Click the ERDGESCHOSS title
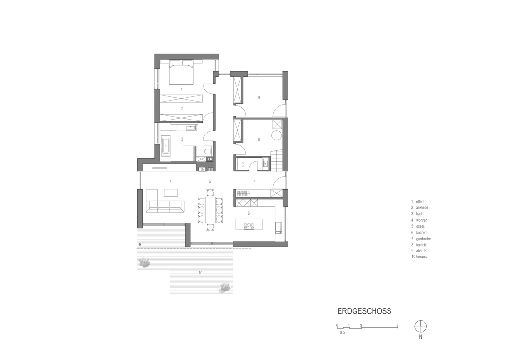tap(364, 311)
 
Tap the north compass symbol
tap(421, 326)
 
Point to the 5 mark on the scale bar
tap(397, 326)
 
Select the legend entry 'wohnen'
tap(422, 220)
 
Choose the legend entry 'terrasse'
tap(422, 257)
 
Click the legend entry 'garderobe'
tap(424, 239)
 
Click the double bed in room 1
tap(181, 71)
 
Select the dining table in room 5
tap(210, 210)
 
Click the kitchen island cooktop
tap(249, 224)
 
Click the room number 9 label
tap(259, 97)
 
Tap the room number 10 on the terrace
tap(200, 273)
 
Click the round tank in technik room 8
tap(277, 135)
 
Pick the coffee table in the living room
tap(171, 193)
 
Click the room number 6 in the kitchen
tap(249, 213)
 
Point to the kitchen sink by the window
tap(278, 227)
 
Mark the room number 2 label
tap(182, 109)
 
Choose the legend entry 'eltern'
tap(420, 202)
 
